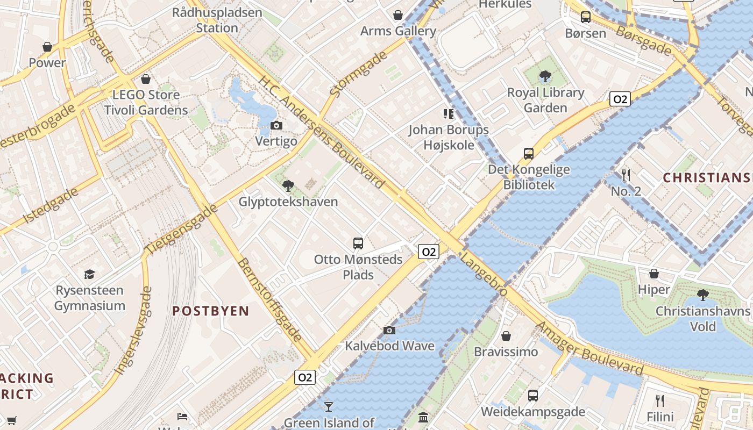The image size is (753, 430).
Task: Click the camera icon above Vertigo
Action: (x=276, y=126)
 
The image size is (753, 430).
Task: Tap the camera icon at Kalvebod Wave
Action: (x=389, y=330)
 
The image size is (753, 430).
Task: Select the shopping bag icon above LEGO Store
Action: (x=145, y=80)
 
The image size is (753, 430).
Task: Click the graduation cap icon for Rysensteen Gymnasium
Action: (x=89, y=275)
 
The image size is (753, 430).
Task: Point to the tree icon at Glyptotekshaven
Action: (x=288, y=186)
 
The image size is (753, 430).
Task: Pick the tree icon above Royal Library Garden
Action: (x=545, y=76)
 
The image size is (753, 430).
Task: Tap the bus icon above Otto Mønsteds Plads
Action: (x=358, y=243)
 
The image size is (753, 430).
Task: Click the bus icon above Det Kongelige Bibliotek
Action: (x=529, y=154)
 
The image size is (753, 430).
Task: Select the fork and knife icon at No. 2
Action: (x=626, y=175)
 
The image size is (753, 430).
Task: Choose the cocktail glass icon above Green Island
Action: (x=329, y=406)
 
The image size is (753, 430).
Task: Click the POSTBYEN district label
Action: (x=211, y=311)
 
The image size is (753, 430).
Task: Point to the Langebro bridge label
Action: (x=484, y=275)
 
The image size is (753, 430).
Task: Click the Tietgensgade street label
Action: (x=182, y=229)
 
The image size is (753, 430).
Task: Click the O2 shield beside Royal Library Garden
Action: (x=620, y=99)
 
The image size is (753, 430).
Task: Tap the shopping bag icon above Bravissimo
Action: (x=506, y=336)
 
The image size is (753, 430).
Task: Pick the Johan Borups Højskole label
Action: (x=449, y=138)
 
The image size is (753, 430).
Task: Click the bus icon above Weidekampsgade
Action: (x=532, y=396)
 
